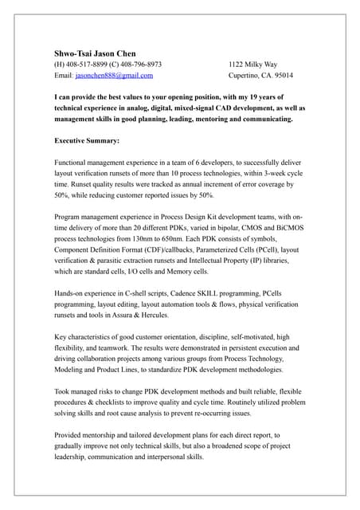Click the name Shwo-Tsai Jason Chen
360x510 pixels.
[x=95, y=53]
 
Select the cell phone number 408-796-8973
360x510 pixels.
[x=143, y=65]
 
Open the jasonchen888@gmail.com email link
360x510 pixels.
[x=115, y=76]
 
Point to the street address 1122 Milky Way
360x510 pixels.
[x=253, y=65]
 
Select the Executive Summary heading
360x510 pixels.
[x=87, y=141]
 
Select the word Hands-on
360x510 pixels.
[x=70, y=293]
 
